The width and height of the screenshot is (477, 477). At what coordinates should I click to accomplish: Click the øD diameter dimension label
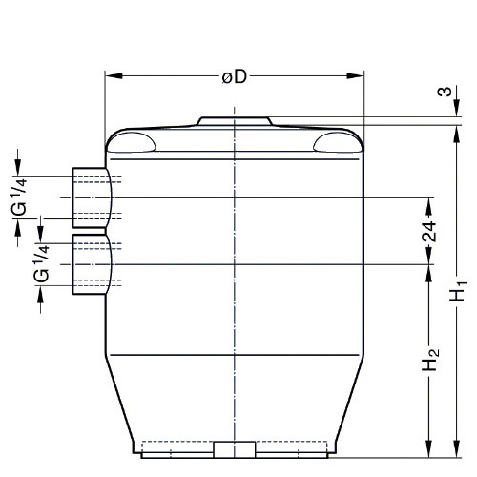(235, 77)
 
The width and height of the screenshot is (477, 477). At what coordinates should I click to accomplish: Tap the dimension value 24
(428, 231)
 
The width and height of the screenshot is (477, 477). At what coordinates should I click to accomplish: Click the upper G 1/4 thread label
(20, 197)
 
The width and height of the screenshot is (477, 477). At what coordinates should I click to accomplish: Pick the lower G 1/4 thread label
(42, 263)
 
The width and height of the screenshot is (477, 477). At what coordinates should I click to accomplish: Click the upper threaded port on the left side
(93, 197)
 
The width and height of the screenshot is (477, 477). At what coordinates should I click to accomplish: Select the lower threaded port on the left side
(93, 264)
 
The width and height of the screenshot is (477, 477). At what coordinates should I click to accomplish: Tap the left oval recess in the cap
(131, 142)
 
